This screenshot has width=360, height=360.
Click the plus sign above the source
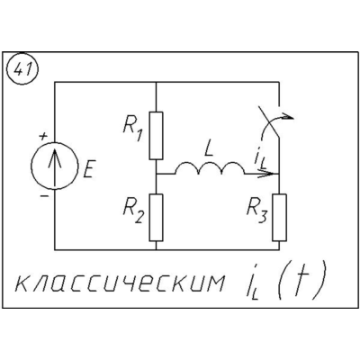[x=44, y=137]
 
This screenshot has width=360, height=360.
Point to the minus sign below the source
[x=44, y=196]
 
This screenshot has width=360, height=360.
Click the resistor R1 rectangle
[x=156, y=136]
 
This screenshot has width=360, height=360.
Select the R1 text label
[x=132, y=130]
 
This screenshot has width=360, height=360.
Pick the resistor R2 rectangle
[x=156, y=218]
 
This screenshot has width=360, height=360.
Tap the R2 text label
[x=134, y=211]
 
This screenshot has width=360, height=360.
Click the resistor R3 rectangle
[x=279, y=218]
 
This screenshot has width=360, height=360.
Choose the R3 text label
[x=256, y=211]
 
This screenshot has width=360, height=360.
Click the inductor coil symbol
[x=210, y=167]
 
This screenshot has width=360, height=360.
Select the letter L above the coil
[x=209, y=150]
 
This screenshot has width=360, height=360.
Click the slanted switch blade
[x=269, y=122]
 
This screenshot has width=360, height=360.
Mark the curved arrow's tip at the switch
[x=293, y=117]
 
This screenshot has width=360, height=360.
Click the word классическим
[x=120, y=283]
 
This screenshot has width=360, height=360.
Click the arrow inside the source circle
[x=55, y=168]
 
